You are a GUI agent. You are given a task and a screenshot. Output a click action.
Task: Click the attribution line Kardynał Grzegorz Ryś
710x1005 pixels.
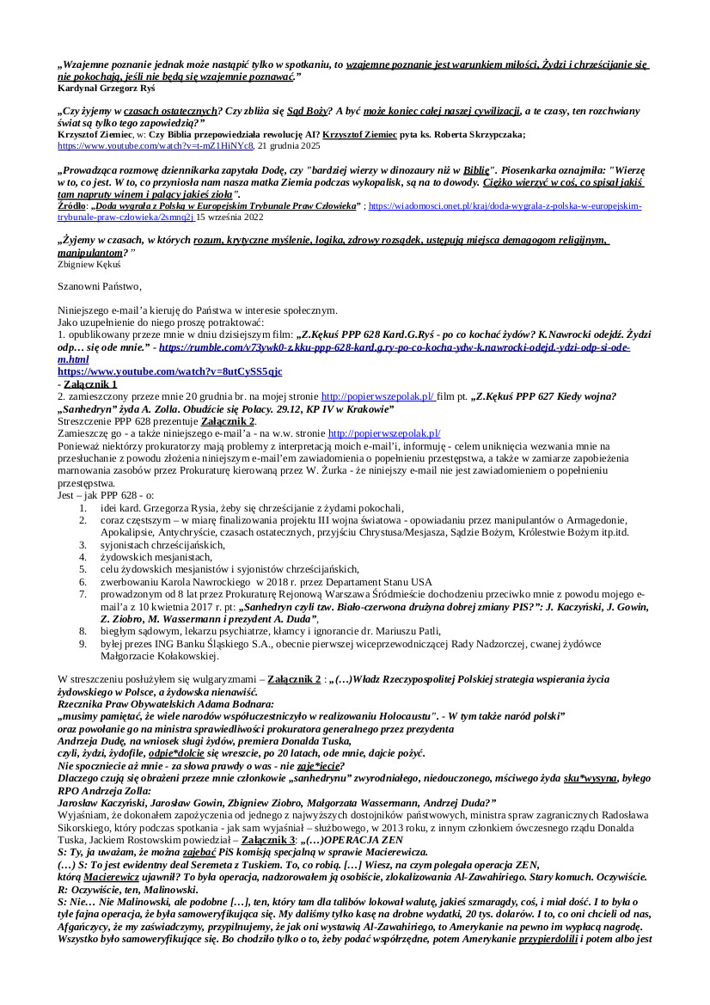coord(107,88)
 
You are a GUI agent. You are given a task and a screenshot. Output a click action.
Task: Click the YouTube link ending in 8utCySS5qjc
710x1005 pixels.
coord(169,371)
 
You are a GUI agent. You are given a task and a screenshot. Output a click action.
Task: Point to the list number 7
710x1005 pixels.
coord(82,593)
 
